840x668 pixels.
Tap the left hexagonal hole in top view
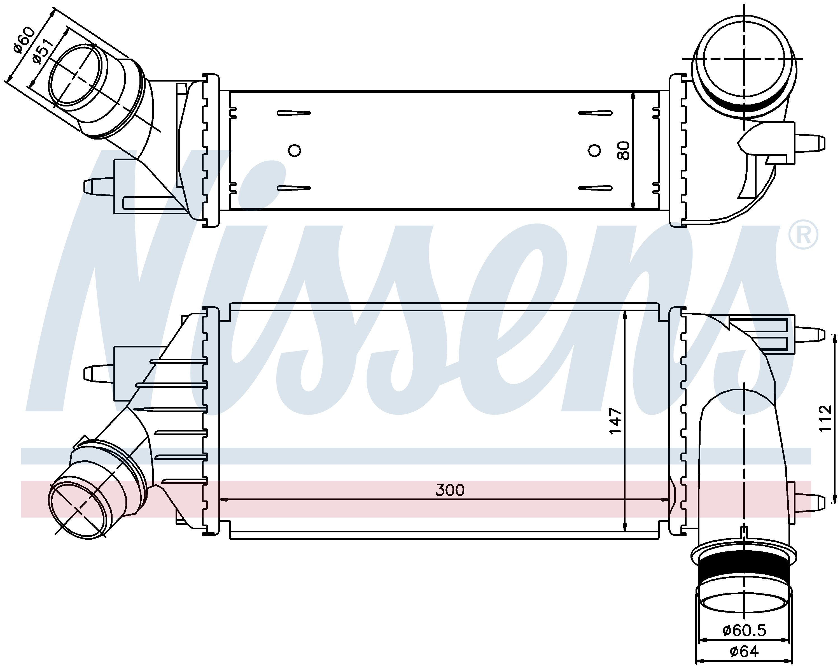tap(295, 150)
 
